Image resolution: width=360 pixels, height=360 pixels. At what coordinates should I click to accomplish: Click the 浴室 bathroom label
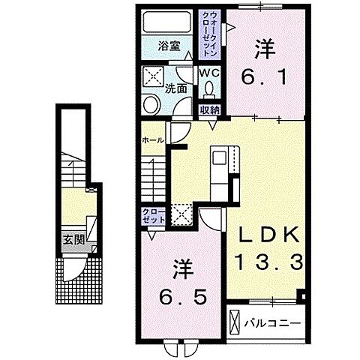pos(169,46)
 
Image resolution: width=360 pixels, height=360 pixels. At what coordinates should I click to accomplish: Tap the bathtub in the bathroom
pos(167,22)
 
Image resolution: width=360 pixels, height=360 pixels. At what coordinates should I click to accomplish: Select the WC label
pos(209,73)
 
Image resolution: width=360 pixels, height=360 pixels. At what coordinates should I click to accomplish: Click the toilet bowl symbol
pos(209,89)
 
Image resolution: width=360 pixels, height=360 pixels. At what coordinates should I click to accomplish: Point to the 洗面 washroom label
pos(176,88)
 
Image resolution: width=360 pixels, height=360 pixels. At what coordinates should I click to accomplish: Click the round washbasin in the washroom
pos(151,105)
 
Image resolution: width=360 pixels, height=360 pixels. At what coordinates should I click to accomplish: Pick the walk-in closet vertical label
pos(209,34)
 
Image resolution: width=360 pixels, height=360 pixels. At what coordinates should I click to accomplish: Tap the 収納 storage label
pos(209,110)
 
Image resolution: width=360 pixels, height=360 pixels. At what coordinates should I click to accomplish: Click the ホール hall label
pos(153,140)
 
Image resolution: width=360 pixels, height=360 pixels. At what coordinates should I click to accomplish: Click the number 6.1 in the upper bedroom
pos(264,76)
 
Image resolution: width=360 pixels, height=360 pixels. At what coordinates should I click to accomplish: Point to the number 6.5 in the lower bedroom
pos(183,297)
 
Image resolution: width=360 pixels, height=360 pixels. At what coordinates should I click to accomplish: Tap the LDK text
pos(269,234)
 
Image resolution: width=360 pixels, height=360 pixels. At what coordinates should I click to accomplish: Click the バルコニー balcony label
pos(272,323)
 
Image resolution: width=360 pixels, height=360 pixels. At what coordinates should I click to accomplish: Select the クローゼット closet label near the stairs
pos(154,216)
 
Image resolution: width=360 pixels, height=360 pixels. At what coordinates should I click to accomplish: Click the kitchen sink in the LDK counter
pos(219,157)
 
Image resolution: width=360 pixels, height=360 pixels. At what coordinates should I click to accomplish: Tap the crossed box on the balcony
pos(235,322)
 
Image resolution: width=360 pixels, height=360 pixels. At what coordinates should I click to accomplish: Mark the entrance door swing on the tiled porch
pos(75,269)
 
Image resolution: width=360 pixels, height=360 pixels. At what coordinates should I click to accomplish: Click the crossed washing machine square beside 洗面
pos(153,76)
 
